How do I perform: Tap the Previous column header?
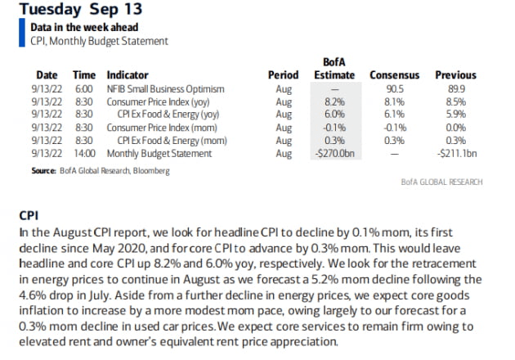456,74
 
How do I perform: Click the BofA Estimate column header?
335,67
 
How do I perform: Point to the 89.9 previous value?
456,88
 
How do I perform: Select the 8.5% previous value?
456,101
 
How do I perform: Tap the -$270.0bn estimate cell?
335,152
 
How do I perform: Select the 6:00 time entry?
84,88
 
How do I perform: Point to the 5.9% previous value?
456,114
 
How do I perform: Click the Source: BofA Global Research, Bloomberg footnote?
89,170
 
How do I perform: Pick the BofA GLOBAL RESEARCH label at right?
441,182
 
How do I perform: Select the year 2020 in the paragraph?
148,248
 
